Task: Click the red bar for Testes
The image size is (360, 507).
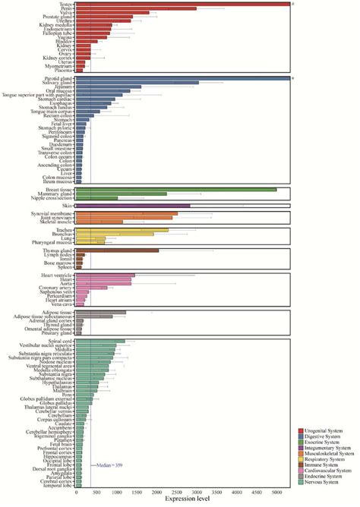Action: click(182, 4)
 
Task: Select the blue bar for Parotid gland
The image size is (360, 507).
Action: click(182, 78)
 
